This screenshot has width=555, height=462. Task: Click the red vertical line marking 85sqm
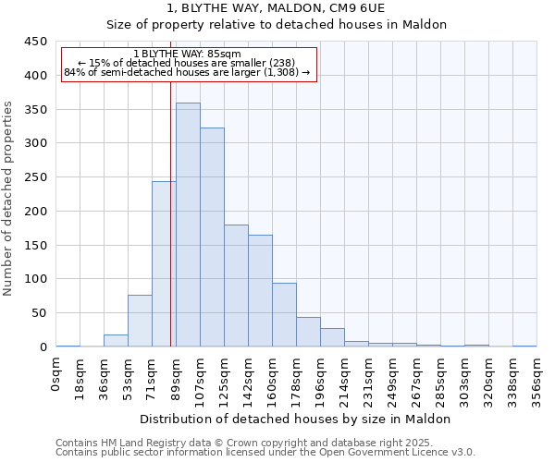tap(171, 213)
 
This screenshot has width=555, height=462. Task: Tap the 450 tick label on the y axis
tap(35, 42)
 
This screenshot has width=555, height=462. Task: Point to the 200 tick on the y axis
tap(35, 212)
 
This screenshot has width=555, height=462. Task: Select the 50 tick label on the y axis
tap(39, 313)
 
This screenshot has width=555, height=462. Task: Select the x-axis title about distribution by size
tap(296, 419)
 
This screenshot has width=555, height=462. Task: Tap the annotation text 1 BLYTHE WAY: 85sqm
tap(188, 55)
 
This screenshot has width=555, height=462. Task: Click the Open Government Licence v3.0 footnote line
tap(265, 453)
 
